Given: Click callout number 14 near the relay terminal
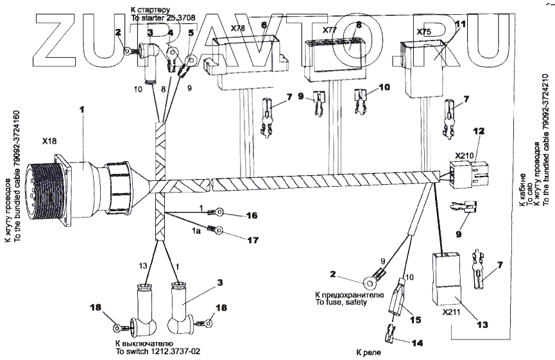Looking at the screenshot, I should [x=418, y=343].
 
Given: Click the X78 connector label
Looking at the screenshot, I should [x=237, y=30].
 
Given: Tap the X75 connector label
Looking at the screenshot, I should [x=424, y=31].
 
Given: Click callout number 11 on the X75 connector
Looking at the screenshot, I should [x=459, y=24].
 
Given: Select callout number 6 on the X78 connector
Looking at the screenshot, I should [x=264, y=25].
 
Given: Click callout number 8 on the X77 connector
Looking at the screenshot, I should [x=359, y=24].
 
